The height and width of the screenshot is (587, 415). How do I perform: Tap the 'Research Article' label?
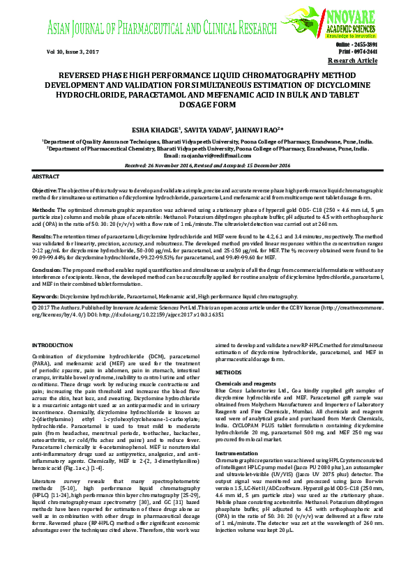352,61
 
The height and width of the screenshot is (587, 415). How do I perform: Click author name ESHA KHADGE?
156,130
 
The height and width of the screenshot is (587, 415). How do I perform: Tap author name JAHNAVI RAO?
257,130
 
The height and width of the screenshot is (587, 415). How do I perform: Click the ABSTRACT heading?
46,178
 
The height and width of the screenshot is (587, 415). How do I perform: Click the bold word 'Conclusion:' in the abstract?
47,269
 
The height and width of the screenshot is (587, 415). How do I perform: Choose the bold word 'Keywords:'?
46,296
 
